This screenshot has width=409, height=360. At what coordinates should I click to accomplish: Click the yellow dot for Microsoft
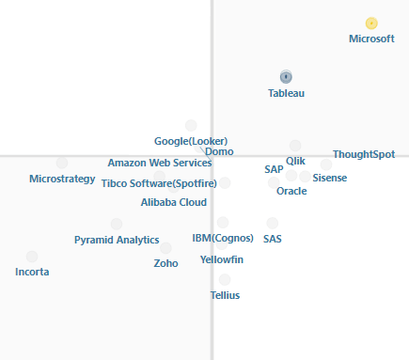371,23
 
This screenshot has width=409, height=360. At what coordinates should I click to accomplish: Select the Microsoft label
371,39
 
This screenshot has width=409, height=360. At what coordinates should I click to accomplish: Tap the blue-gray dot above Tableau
286,77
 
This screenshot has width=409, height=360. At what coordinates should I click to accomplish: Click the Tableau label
286,93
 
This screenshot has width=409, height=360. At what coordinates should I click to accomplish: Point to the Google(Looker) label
191,142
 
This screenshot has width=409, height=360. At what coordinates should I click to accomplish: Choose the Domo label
219,152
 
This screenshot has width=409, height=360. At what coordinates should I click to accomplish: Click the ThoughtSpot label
364,154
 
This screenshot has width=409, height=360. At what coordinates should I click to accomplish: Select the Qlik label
295,161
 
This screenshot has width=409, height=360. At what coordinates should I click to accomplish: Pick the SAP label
274,169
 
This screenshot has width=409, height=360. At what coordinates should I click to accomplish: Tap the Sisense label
329,178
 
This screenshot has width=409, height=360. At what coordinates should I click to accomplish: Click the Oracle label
291,191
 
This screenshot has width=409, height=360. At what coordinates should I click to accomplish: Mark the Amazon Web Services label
160,164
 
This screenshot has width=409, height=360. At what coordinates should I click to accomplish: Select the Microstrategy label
62,179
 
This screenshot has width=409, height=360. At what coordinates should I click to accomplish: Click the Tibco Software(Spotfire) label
159,183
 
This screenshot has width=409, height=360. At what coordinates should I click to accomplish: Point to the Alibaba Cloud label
174,202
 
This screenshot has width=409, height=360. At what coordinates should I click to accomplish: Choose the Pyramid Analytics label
117,241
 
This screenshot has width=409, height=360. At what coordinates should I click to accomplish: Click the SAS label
273,239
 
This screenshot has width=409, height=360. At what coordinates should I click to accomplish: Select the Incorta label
32,272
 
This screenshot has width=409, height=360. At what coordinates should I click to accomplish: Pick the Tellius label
225,295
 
